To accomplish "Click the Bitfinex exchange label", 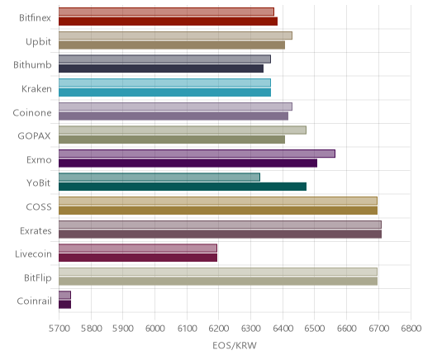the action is [x=35, y=18].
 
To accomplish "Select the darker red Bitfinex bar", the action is [x=168, y=21].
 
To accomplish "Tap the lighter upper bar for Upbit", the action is [x=175, y=36].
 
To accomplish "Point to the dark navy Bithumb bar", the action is [x=161, y=69].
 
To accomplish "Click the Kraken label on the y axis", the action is [x=36, y=89].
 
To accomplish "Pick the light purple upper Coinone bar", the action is [x=175, y=107].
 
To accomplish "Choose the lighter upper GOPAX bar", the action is [x=183, y=130].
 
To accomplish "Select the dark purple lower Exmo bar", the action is [x=188, y=163].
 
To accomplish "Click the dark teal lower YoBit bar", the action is [x=183, y=187].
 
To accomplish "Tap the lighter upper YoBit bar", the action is [x=159, y=178].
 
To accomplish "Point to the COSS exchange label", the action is [x=39, y=207].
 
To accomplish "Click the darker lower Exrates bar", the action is [x=220, y=234].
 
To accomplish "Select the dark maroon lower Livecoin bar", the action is [x=138, y=258].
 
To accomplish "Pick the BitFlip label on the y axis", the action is [x=38, y=278].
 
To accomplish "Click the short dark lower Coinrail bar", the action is [x=64, y=305].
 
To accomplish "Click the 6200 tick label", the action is [x=219, y=328].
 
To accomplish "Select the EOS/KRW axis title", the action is [x=235, y=345].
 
